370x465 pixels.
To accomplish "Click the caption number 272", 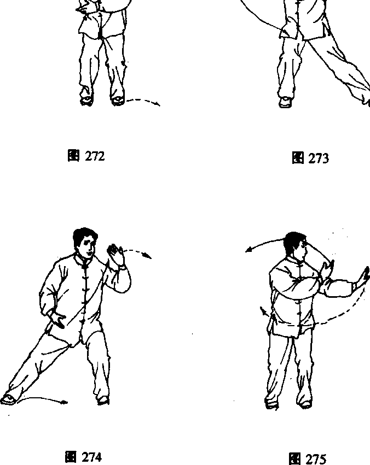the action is [95, 156].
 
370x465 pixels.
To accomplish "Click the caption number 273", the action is [319, 158].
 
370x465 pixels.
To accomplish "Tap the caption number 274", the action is [92, 457].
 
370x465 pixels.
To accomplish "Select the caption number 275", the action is [316, 459].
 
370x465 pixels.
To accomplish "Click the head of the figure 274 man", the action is [85, 242].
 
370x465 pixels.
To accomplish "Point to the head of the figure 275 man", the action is [295, 246].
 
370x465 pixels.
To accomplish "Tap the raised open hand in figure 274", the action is [117, 255].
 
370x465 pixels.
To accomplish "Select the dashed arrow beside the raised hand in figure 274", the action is [137, 252].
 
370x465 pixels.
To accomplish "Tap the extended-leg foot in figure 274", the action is [8, 399].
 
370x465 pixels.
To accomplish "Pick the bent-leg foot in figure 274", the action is [103, 401].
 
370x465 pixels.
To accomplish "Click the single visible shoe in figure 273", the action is [285, 102].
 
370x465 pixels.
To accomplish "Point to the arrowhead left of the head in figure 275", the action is [247, 250].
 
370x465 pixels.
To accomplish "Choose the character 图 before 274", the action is [71, 457].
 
